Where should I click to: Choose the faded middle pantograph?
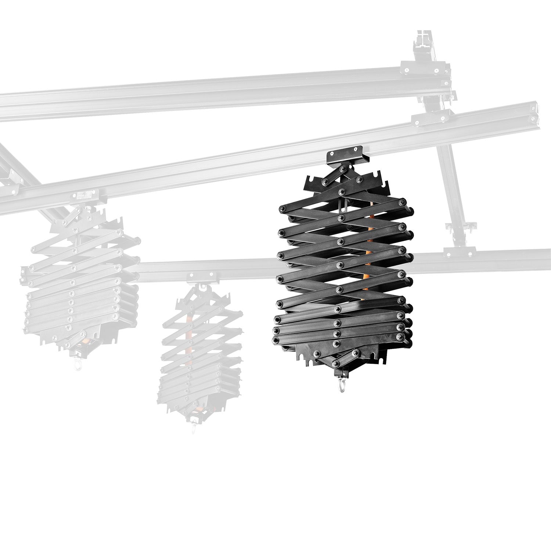(201, 353)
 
